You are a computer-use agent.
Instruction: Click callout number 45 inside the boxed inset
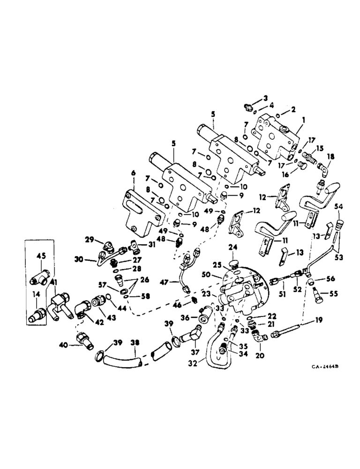[42, 256]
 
